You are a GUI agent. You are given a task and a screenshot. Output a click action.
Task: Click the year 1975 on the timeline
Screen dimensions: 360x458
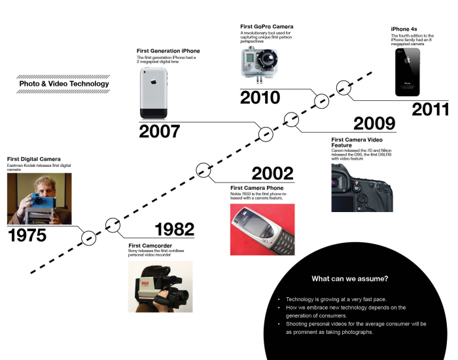point(27,235)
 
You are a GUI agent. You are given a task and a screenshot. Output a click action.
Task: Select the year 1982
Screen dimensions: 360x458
point(174,229)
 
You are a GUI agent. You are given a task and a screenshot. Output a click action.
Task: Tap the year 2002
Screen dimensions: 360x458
point(272,173)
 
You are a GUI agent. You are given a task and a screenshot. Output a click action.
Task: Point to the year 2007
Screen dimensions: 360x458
point(159,132)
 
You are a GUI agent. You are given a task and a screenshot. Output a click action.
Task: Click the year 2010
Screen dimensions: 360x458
point(260,98)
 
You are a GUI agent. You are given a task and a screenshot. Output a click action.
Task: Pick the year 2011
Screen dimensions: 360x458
point(431,109)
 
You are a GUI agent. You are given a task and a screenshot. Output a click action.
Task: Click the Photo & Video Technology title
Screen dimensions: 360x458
point(64,84)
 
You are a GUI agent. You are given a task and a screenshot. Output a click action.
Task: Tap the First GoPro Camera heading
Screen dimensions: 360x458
point(268,26)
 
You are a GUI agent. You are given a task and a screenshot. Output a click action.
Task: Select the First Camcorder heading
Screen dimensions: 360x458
point(150,245)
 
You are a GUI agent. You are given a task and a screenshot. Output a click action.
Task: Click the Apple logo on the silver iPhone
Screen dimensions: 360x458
point(152,84)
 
